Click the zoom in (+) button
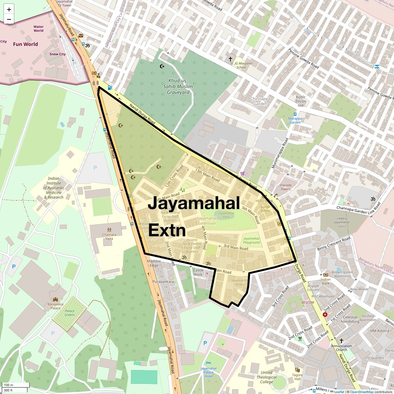pos(9,9)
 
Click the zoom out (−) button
pos(9,19)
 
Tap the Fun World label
pos(25,44)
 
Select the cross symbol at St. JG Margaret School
pos(231,59)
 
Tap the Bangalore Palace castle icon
pos(55,300)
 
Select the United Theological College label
pos(266,377)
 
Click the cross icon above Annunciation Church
pos(341,340)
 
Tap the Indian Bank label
pos(325,281)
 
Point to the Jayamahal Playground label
pos(252,240)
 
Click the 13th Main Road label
pos(207,175)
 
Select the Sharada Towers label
pos(285,187)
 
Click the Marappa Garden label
pos(295,120)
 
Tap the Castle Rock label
pos(198,272)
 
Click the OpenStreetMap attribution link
pos(362,392)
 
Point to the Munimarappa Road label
pos(280,153)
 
